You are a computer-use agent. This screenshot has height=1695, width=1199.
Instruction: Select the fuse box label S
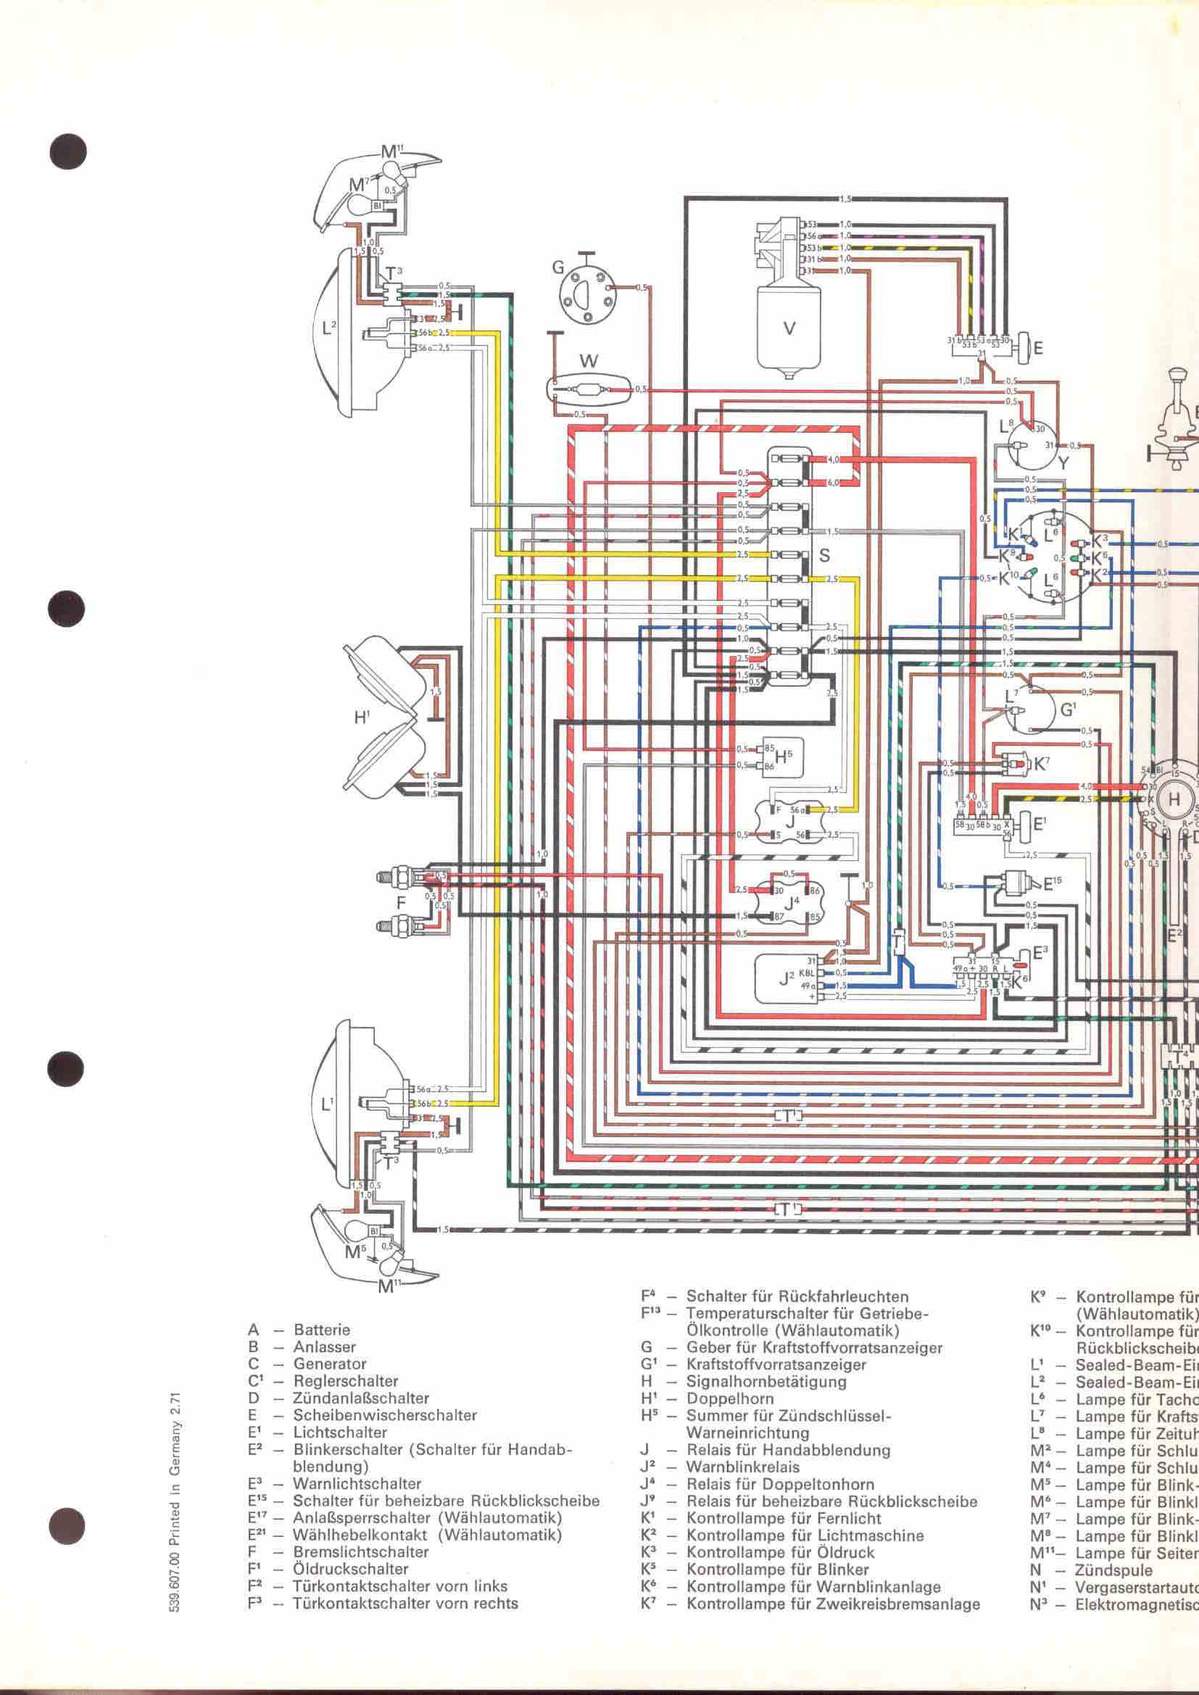[825, 555]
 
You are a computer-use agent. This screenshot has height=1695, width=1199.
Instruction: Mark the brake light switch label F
[401, 902]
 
